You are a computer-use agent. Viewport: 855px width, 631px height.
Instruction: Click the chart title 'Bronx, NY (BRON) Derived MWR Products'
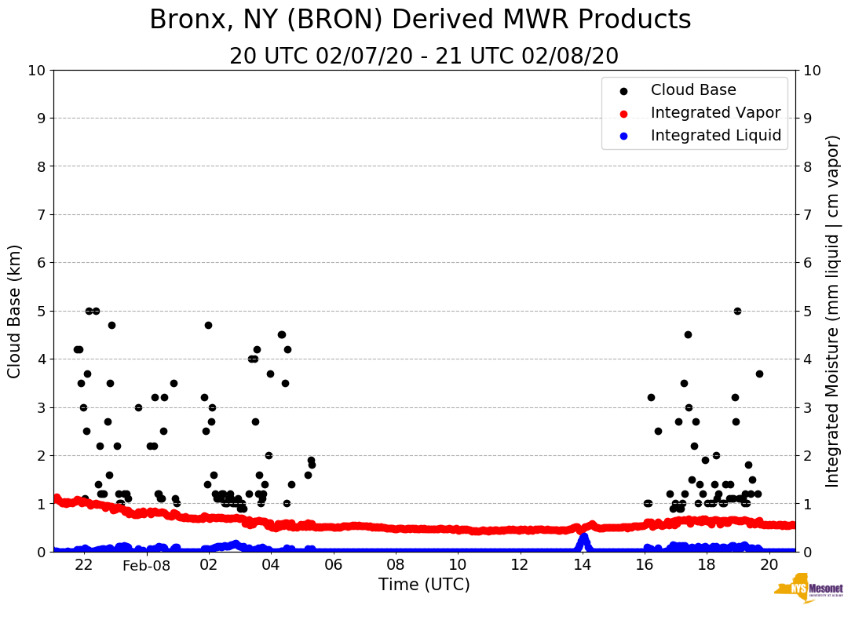click(420, 20)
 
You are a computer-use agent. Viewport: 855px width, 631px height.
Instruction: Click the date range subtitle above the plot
click(424, 57)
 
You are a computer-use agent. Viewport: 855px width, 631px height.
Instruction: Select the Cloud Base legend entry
click(693, 90)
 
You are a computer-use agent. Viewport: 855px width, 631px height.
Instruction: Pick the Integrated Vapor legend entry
click(715, 113)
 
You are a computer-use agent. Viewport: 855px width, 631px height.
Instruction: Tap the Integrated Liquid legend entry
click(715, 136)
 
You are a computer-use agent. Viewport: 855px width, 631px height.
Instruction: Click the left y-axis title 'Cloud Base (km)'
click(15, 311)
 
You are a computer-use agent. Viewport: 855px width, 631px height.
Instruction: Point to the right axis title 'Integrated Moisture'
click(833, 311)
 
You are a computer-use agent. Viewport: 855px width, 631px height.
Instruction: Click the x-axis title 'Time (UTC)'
click(424, 585)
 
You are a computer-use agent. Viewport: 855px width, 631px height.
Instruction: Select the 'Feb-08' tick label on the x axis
click(147, 565)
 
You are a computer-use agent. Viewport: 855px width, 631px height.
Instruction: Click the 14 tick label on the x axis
click(582, 565)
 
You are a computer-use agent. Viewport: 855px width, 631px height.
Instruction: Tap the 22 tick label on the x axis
click(84, 565)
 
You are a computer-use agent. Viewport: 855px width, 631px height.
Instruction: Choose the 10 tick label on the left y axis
click(36, 71)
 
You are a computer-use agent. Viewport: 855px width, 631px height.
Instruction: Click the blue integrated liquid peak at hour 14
click(583, 538)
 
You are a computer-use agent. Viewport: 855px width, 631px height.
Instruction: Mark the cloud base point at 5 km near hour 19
click(737, 311)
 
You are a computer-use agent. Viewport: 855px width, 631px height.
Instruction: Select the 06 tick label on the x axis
click(333, 565)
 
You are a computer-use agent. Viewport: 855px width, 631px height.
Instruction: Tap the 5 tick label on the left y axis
click(41, 311)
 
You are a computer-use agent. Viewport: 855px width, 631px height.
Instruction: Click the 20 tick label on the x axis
click(769, 565)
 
